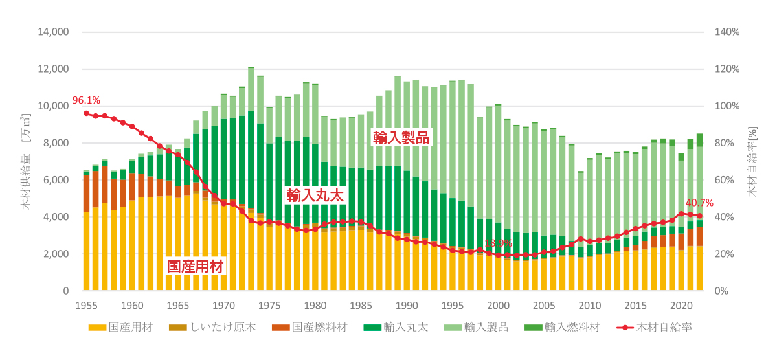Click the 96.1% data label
tap(86, 100)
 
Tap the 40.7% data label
tap(699, 203)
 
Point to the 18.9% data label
tap(498, 244)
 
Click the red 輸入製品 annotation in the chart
tap(400, 137)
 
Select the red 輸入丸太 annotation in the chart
tap(315, 195)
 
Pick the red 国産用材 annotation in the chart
tap(196, 266)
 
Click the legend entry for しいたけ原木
tap(218, 327)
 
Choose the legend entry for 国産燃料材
tap(313, 327)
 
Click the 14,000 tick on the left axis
tap(55, 32)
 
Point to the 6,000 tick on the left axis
tap(58, 180)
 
